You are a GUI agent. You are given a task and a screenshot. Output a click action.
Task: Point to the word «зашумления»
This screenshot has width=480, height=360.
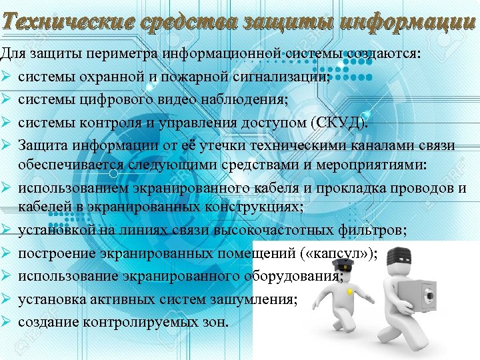(257, 299)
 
